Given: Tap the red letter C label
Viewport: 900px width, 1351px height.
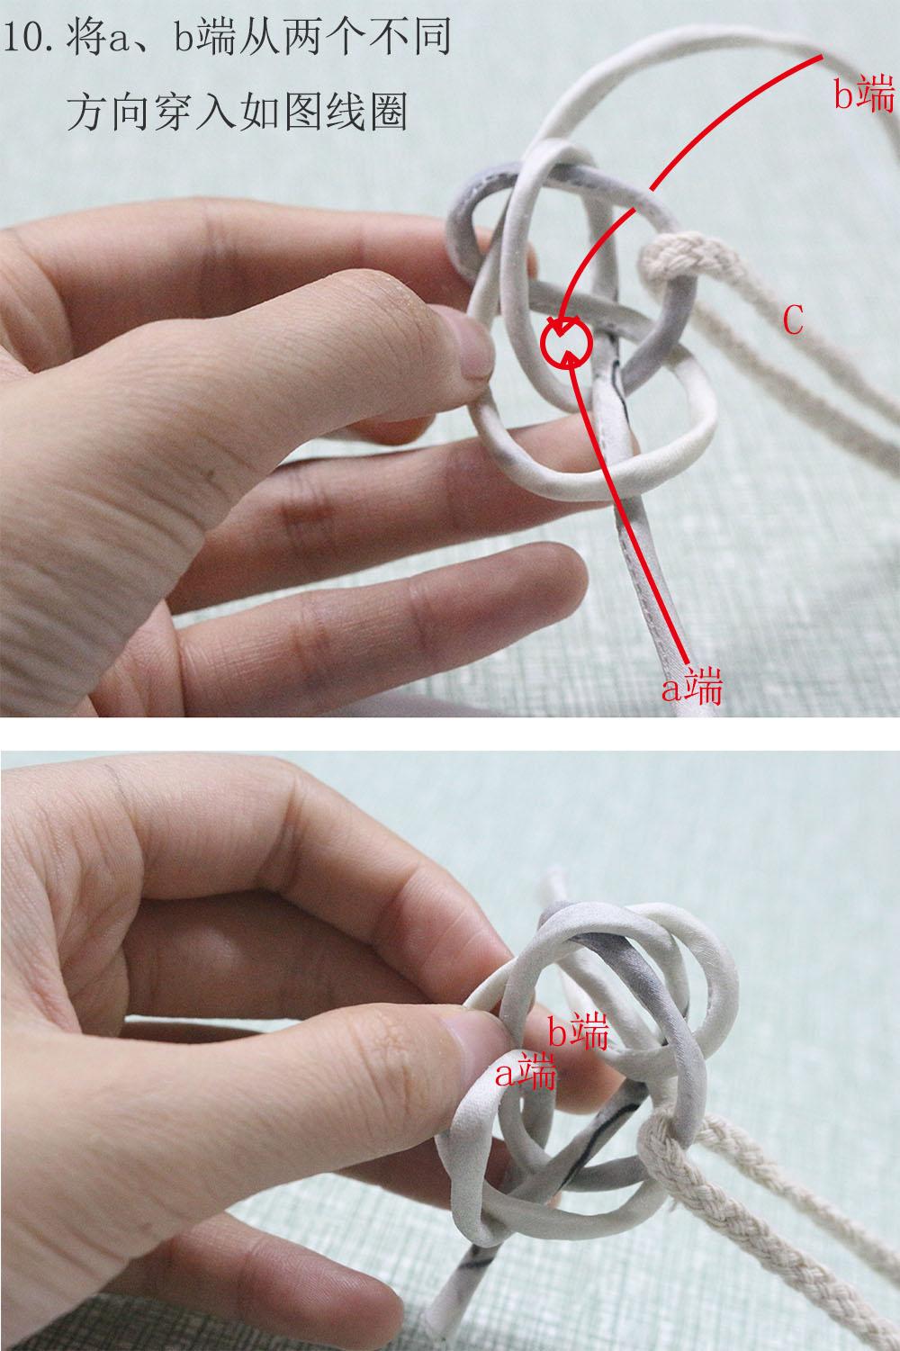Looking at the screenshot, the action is tap(793, 320).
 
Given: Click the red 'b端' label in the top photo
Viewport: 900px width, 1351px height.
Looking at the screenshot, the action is tap(864, 95).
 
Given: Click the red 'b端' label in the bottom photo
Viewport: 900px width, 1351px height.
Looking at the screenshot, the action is tap(578, 1031).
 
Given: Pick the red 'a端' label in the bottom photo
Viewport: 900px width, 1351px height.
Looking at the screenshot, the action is tap(526, 1072).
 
